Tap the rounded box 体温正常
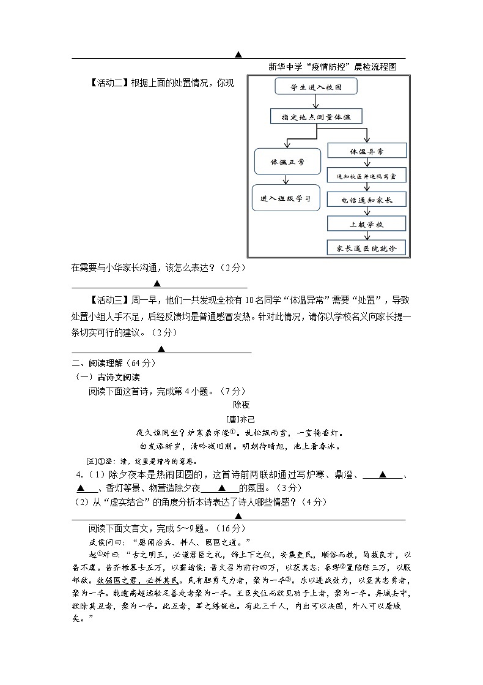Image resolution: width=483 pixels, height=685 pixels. (x=287, y=162)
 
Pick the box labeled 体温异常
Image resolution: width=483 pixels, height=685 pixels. (x=366, y=151)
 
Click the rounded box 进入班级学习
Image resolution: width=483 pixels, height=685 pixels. (x=286, y=198)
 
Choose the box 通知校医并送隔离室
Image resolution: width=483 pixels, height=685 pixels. (x=366, y=176)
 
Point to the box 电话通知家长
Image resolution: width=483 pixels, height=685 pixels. (x=366, y=200)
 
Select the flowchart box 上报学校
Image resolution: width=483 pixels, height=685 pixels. (x=366, y=224)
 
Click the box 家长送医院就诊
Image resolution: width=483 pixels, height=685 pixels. (x=366, y=248)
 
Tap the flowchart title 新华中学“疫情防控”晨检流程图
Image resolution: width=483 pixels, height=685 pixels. (x=333, y=67)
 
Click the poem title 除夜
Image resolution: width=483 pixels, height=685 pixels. (x=242, y=405)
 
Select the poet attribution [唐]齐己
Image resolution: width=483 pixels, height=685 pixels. (x=242, y=420)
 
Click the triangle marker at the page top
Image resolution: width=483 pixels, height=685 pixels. (x=238, y=54)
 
